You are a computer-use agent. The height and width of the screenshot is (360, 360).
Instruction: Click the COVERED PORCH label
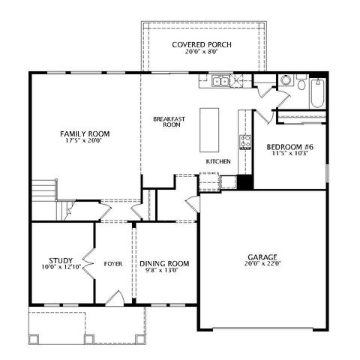pos(202,45)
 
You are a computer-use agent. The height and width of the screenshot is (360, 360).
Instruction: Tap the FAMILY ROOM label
pos(85,134)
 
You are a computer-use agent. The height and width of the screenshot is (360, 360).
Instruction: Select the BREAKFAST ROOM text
pos(169,121)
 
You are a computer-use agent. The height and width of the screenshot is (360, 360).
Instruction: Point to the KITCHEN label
pos(218,161)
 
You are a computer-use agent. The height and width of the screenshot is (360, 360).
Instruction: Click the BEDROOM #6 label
pos(289,147)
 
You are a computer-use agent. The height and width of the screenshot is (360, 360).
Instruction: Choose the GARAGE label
pos(262,257)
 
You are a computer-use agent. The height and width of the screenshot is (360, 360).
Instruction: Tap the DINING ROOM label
pos(164,264)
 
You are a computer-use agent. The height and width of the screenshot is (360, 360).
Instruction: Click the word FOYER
pos(113,264)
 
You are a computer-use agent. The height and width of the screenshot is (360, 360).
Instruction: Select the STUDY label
pos(61,261)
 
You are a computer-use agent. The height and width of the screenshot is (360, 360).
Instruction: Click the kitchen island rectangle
pos(209,130)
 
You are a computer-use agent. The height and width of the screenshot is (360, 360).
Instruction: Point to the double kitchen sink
pos(220,81)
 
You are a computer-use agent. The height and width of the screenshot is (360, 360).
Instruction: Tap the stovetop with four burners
pos(245,142)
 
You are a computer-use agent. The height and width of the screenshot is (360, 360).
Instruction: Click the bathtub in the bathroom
pos(318,93)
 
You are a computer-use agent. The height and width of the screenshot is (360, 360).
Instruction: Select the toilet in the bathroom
pos(301,82)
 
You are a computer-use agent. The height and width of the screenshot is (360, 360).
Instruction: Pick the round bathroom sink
pos(285,80)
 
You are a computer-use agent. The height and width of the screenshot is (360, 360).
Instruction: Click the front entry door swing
pos(115,298)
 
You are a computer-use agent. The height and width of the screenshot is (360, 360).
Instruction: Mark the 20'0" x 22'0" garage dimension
pos(263,263)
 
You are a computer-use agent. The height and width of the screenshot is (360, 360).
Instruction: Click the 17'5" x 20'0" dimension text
pos(83,141)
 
